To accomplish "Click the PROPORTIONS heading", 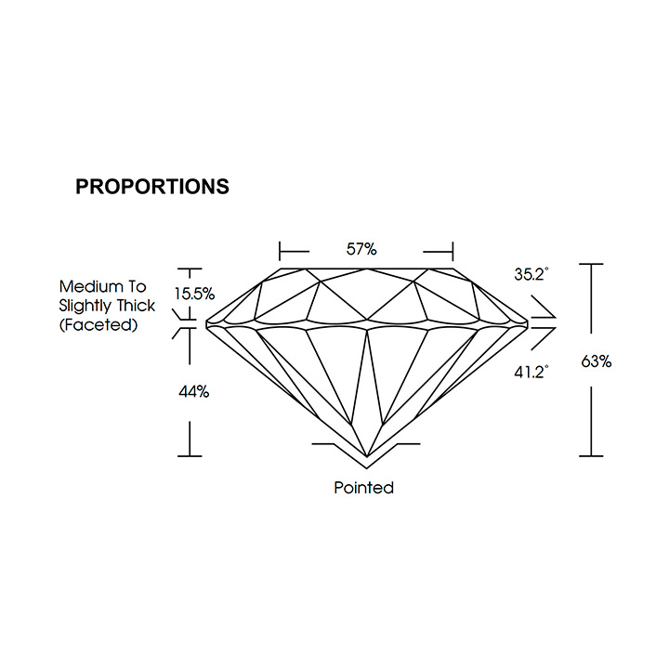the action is pyautogui.click(x=152, y=187).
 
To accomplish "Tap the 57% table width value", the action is pyautogui.click(x=361, y=249).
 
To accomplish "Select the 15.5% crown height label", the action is pyautogui.click(x=194, y=294).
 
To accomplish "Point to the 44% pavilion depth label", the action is pyautogui.click(x=193, y=392).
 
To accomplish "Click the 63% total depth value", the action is pyautogui.click(x=596, y=361).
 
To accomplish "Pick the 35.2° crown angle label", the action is pyautogui.click(x=531, y=274).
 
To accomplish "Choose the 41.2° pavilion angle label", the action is pyautogui.click(x=531, y=373).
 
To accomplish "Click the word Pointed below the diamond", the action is pyautogui.click(x=363, y=488).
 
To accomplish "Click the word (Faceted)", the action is pyautogui.click(x=98, y=325).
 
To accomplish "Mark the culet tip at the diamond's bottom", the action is pyautogui.click(x=367, y=456).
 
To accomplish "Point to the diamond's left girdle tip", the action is pyautogui.click(x=206, y=324).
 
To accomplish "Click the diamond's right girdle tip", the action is pyautogui.click(x=528, y=324).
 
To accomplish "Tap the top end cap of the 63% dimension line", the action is pyautogui.click(x=591, y=265).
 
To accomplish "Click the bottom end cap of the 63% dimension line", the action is pyautogui.click(x=591, y=456).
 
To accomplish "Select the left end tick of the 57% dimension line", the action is pyautogui.click(x=280, y=251).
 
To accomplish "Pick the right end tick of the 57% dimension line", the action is pyautogui.click(x=453, y=251).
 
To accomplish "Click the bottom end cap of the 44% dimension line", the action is pyautogui.click(x=190, y=456).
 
